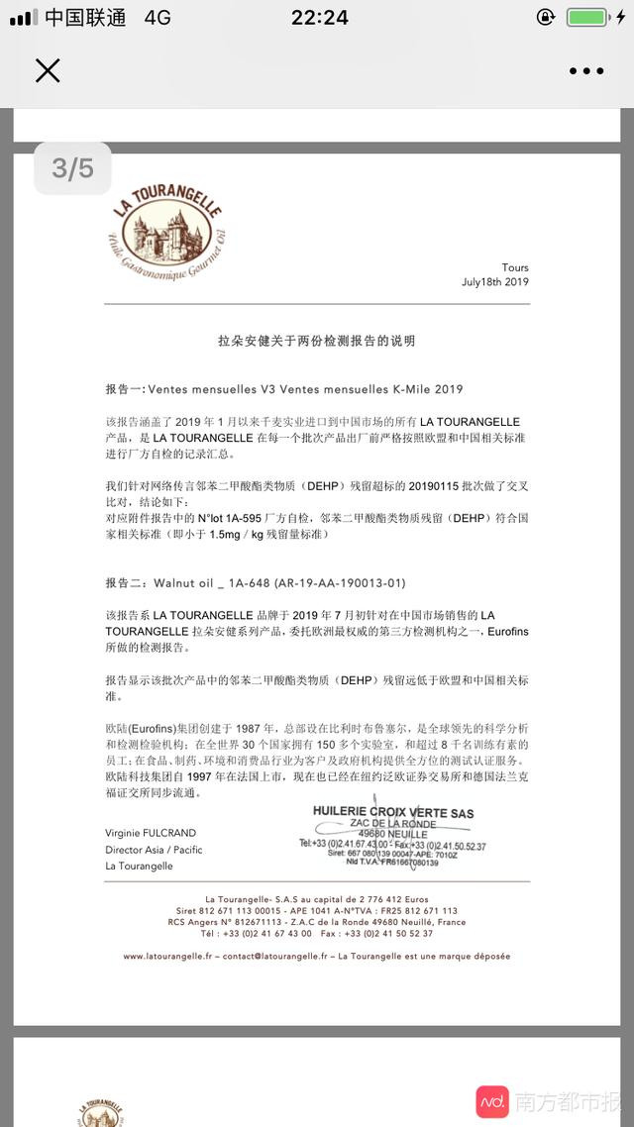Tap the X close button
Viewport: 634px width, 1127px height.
[48, 70]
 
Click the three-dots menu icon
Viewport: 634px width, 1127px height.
[585, 71]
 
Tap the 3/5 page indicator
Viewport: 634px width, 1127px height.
[72, 168]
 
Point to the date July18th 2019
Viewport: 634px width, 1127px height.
[495, 281]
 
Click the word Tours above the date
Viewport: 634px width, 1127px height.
[515, 267]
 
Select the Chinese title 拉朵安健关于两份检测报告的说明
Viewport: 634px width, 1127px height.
[317, 341]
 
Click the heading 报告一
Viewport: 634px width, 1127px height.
[126, 389]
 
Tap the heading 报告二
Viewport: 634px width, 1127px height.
[126, 583]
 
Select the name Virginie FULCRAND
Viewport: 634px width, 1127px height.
[151, 833]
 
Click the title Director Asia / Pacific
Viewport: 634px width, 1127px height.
[154, 850]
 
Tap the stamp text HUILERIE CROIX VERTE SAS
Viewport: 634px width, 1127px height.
[393, 813]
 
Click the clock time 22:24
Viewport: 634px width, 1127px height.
[319, 18]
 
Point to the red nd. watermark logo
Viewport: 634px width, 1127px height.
[492, 1101]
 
